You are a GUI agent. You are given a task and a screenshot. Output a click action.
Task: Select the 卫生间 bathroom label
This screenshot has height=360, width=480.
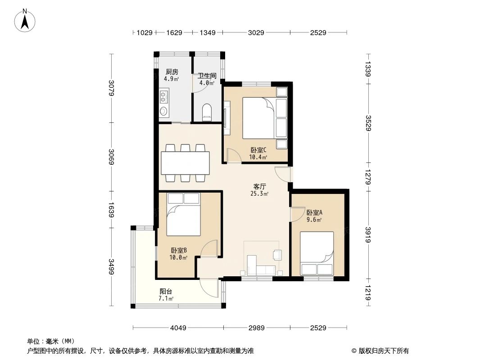point(207,76)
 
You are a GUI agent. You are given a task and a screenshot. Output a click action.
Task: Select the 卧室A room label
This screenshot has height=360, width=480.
point(314,213)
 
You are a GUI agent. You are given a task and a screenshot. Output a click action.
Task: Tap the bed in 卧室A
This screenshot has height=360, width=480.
point(317,253)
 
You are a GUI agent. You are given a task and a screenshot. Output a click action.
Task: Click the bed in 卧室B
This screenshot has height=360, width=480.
point(183,214)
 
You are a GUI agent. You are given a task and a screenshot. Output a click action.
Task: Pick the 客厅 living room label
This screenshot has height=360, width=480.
point(259,186)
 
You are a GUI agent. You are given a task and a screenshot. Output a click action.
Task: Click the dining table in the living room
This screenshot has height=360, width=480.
point(185,163)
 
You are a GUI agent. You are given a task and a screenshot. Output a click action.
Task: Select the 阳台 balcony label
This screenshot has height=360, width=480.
point(166,291)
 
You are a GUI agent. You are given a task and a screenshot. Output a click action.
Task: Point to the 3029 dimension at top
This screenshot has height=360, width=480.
point(256,32)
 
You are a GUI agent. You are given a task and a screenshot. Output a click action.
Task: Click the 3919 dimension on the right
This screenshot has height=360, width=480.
point(368,234)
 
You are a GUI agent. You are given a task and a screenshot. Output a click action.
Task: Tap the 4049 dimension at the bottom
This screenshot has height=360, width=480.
point(178,328)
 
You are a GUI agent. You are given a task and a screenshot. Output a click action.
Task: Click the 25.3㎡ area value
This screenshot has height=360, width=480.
point(259,194)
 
